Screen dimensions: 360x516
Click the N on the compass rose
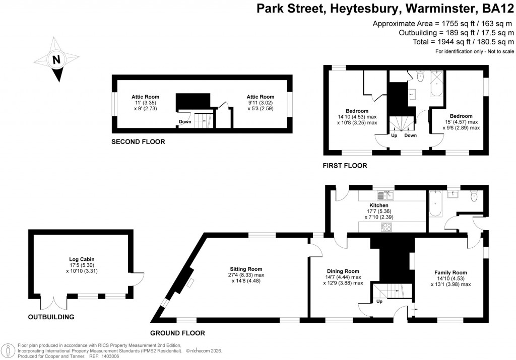[x=57, y=59]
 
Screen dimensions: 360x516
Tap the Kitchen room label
[x=379, y=205]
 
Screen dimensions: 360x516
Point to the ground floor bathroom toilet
[x=473, y=196]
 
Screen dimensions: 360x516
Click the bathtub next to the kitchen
[x=436, y=204]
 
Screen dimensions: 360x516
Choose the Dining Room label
[x=343, y=271]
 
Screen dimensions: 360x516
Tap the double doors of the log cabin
[x=54, y=303]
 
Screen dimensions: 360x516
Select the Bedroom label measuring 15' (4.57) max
[x=461, y=116]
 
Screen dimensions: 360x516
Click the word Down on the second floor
[x=185, y=122]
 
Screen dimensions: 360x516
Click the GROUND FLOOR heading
[x=177, y=333]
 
